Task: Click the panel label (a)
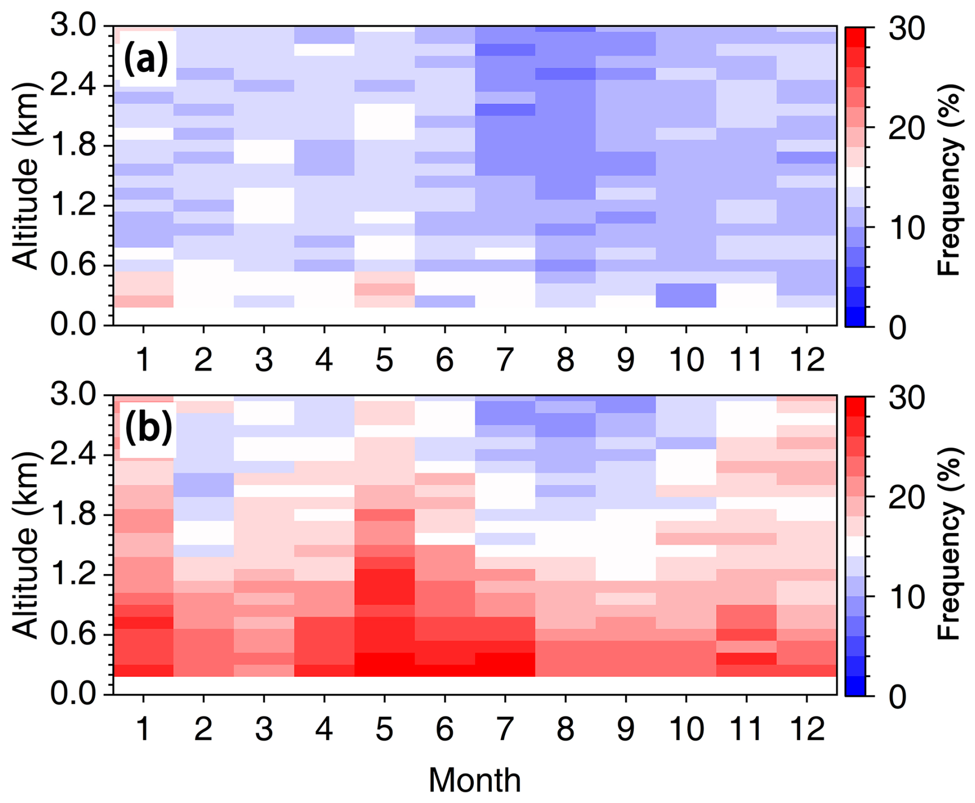tap(147, 60)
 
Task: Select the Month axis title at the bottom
tap(474, 780)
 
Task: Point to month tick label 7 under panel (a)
tap(505, 359)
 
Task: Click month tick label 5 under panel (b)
tap(384, 729)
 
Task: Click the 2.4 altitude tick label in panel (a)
tap(74, 86)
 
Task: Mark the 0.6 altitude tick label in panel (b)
tap(74, 634)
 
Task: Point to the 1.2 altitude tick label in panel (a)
tap(74, 206)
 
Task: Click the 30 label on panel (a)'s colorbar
tap(906, 30)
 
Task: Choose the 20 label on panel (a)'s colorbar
tap(906, 129)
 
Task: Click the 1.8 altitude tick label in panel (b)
tap(74, 514)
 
